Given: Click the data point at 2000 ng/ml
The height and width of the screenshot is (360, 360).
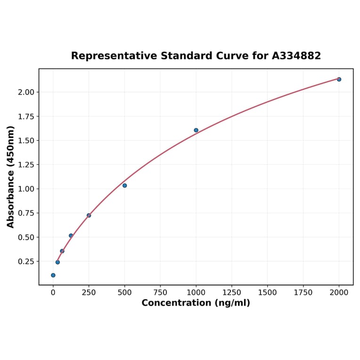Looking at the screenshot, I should (339, 79).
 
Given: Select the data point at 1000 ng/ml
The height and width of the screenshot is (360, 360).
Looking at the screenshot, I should (196, 130).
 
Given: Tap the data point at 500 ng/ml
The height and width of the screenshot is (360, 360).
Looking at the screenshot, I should (124, 185).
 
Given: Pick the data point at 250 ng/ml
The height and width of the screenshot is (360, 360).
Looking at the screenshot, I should (89, 215).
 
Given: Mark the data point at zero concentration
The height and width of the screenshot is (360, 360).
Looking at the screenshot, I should (53, 275).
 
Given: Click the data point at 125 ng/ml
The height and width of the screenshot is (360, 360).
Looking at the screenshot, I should (71, 236).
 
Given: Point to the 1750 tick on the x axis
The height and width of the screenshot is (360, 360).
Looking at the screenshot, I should (303, 293).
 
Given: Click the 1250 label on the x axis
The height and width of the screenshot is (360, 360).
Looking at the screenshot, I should (232, 293).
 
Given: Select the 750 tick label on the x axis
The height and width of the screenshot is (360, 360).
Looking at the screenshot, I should (160, 293).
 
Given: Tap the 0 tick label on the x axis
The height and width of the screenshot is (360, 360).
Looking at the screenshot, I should (53, 293).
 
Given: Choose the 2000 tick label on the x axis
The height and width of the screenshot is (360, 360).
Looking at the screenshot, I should (339, 293).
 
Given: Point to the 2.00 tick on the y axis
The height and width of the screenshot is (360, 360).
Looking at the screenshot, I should (26, 92).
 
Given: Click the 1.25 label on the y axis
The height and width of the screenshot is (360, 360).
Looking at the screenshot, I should (26, 165).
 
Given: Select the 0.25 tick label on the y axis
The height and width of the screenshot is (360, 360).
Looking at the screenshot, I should (26, 262).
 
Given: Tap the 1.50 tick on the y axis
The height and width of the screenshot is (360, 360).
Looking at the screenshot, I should (26, 141).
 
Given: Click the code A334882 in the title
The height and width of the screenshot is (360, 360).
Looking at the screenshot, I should (296, 56).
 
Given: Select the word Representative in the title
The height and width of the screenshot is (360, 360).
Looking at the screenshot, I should (114, 56).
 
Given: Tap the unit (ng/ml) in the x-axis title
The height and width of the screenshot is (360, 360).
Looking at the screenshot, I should (233, 303).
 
